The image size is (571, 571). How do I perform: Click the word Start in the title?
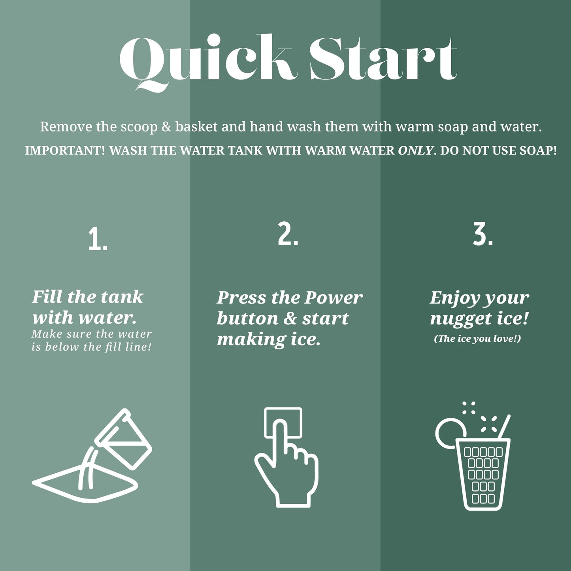click(x=383, y=59)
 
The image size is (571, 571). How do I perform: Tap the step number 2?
click(x=288, y=234)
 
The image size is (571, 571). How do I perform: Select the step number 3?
click(x=483, y=234)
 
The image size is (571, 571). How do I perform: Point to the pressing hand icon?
click(x=286, y=458)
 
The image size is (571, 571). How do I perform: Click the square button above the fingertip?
click(x=283, y=415)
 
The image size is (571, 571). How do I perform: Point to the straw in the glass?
click(x=504, y=426)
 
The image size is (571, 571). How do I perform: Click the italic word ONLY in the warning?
click(x=416, y=151)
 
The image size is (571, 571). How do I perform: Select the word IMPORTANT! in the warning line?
click(x=65, y=151)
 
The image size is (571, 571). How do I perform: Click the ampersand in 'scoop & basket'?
click(x=166, y=127)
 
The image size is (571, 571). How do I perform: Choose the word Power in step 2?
click(x=334, y=298)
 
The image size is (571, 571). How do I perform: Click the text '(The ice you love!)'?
click(x=477, y=339)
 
